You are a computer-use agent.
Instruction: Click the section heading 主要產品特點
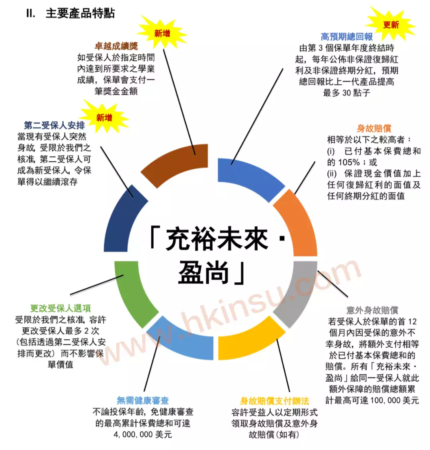point(80,14)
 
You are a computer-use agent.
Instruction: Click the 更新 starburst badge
point(391,25)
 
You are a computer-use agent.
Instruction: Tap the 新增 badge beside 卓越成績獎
point(162,33)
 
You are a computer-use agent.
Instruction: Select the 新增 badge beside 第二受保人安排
point(104,117)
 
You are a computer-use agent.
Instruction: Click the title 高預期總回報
point(346,37)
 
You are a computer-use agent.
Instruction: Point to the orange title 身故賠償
point(374,128)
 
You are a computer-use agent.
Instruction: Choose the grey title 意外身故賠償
point(372,310)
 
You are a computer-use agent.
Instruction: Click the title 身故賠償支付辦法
point(274,401)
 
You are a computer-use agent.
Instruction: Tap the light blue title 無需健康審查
point(143,400)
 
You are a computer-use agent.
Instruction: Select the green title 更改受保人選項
point(61,308)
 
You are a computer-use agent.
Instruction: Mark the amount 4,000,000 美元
point(143,434)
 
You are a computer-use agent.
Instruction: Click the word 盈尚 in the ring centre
point(203,273)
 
